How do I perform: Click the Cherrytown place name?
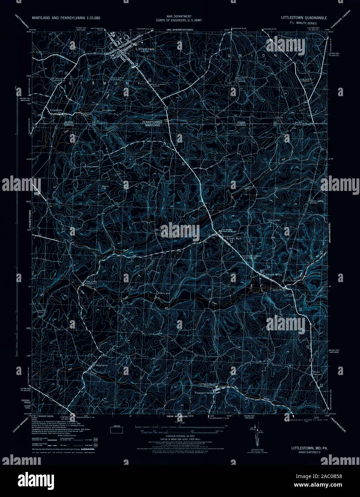click(x=275, y=220)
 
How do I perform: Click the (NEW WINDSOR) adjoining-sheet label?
click(x=177, y=417)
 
